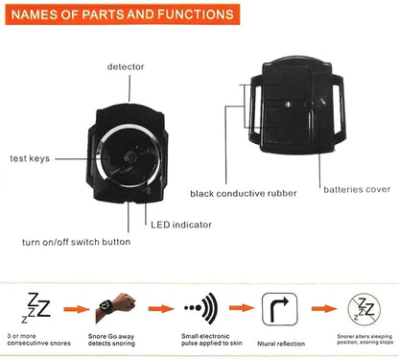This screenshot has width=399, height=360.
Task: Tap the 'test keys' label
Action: tap(30, 157)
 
